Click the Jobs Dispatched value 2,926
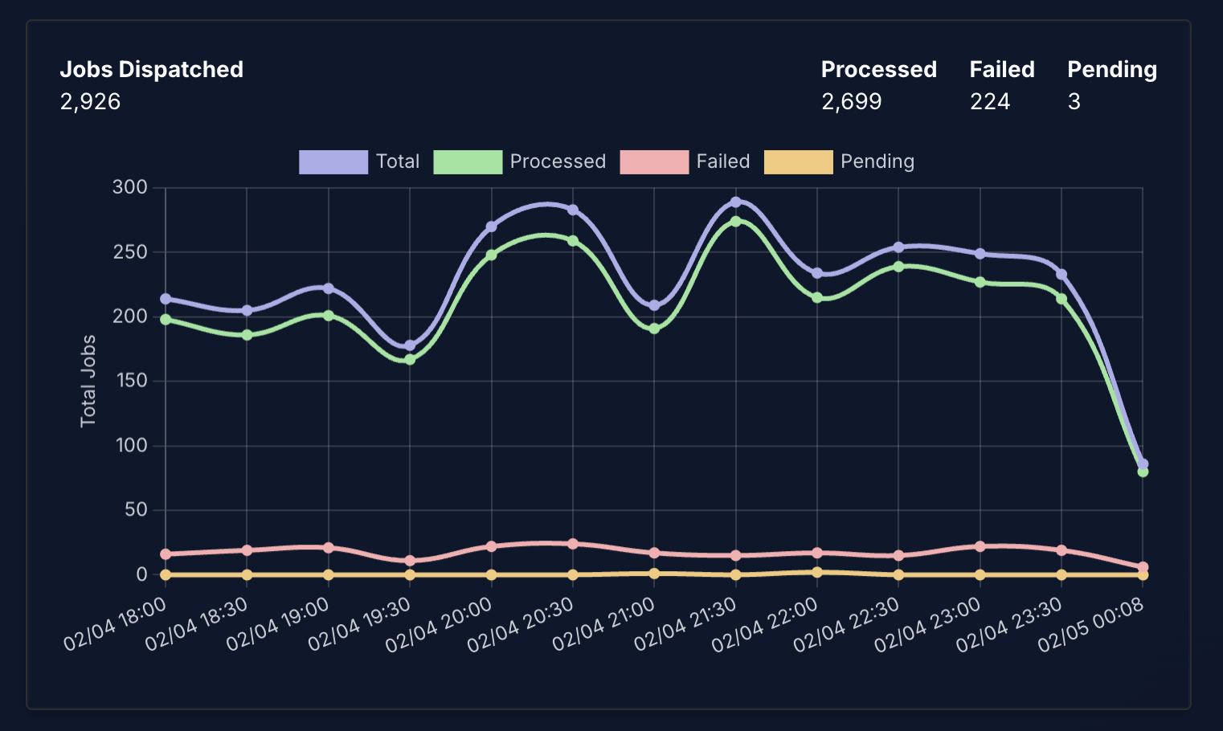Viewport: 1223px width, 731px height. coord(90,102)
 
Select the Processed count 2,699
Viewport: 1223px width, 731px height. coord(851,102)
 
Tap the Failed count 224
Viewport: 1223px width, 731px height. coord(989,102)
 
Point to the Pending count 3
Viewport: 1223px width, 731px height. coord(1074,102)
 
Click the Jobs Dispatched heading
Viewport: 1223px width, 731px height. coord(151,70)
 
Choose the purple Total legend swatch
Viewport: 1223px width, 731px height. coord(333,161)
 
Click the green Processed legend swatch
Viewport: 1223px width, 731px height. coord(467,161)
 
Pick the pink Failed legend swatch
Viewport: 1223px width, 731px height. coord(653,161)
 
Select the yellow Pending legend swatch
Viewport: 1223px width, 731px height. coord(798,161)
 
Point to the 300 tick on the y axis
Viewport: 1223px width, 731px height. coord(130,187)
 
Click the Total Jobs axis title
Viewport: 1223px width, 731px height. coord(88,381)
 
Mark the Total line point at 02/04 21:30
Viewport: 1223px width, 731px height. coord(735,202)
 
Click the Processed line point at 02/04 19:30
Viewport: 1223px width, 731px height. coord(410,360)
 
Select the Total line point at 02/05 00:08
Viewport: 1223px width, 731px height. coord(1143,464)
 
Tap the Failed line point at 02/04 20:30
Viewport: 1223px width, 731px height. coord(573,544)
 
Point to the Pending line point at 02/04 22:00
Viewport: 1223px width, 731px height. coord(817,573)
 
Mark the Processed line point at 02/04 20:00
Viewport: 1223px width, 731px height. coord(491,255)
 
